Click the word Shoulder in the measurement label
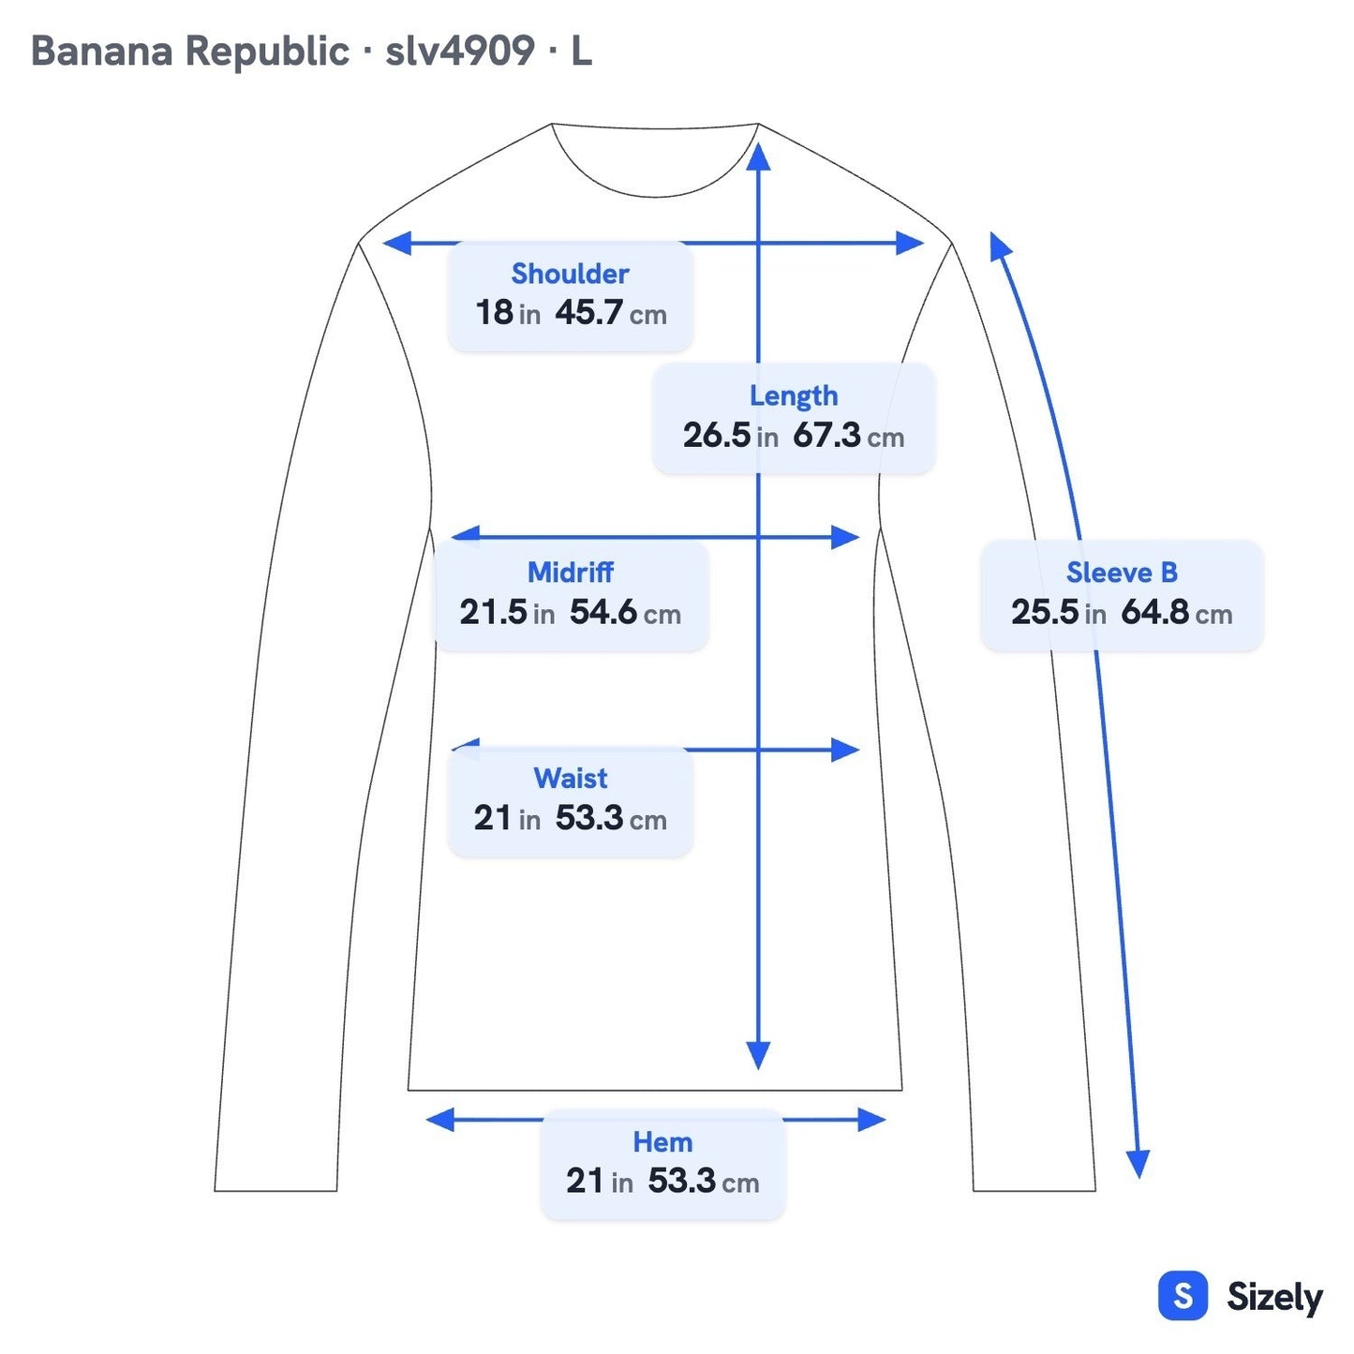[569, 274]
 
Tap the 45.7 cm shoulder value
[610, 313]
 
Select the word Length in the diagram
[794, 396]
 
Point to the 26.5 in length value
[730, 436]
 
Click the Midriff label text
[570, 573]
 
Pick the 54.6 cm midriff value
[625, 612]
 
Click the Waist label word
[570, 778]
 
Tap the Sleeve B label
[1122, 573]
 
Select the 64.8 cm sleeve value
[1176, 612]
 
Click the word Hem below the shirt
[662, 1142]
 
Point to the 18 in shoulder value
[508, 313]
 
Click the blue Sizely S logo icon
[1183, 1295]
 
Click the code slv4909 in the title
[459, 52]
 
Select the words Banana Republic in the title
[189, 52]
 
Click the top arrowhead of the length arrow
[758, 156]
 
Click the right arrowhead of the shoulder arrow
[910, 243]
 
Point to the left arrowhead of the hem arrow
[440, 1120]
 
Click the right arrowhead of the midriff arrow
[845, 538]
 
